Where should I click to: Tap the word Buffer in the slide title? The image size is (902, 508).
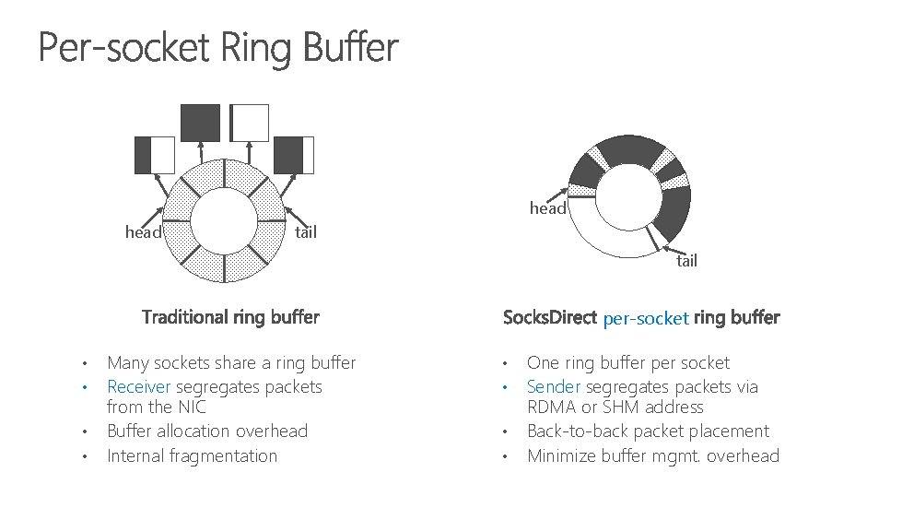pos(348,48)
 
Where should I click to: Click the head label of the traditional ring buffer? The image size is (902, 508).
pos(143,232)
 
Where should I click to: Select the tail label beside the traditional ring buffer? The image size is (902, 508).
pos(305,232)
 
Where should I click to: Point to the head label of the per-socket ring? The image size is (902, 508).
pos(547,208)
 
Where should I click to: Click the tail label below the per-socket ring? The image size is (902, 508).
pos(686,260)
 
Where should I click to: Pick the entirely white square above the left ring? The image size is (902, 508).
pos(250,123)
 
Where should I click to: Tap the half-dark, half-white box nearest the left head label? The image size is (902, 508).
pos(155,155)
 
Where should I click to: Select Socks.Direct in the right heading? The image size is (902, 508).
pos(550,318)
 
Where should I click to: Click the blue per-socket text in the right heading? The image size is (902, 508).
pos(646,319)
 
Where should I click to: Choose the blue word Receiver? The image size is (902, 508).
pos(139,387)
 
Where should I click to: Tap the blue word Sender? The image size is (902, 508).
pos(555,387)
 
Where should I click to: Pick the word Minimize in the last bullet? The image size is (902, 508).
pos(561,456)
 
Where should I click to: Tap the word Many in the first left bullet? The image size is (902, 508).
pos(127,363)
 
